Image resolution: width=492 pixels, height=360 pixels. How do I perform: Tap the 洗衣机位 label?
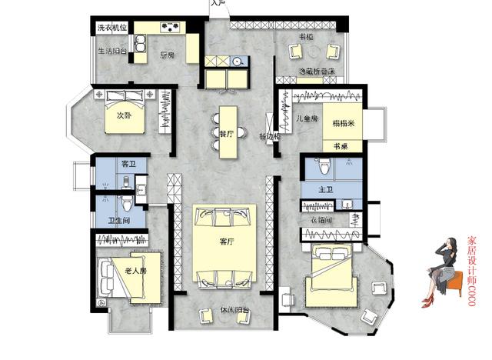[111, 28]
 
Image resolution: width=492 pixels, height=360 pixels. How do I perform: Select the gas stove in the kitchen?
[171, 28]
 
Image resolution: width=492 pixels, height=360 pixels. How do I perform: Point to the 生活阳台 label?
[112, 52]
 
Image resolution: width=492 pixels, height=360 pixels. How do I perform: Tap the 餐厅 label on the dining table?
[227, 132]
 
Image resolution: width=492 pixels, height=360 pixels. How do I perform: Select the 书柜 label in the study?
[305, 37]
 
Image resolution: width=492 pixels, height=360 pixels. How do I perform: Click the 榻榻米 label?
[342, 123]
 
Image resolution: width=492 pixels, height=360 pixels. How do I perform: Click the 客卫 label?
[128, 165]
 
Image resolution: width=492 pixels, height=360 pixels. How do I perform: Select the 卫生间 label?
[119, 221]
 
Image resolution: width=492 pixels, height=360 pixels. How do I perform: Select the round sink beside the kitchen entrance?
[238, 61]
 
